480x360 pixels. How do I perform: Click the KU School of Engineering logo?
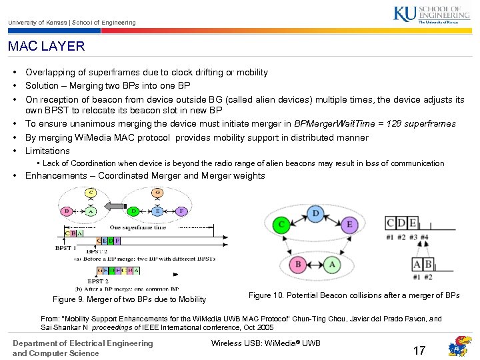click(x=436, y=15)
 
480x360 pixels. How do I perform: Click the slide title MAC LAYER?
click(x=47, y=47)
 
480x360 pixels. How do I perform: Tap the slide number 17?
click(x=419, y=350)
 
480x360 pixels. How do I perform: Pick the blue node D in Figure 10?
click(x=315, y=213)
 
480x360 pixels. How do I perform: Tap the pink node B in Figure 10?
click(x=299, y=264)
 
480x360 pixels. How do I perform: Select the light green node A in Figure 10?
click(x=333, y=264)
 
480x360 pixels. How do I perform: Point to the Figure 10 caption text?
click(x=353, y=295)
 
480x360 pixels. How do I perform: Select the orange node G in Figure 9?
click(x=157, y=193)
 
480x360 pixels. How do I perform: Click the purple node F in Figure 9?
click(x=181, y=212)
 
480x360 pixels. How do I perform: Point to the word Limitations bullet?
click(x=47, y=151)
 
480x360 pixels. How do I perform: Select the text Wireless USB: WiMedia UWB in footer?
click(x=265, y=343)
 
